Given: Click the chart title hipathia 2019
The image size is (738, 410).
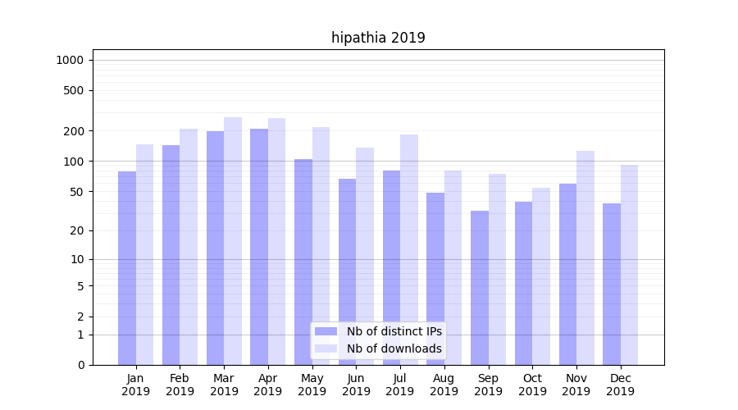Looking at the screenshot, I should pyautogui.click(x=378, y=38).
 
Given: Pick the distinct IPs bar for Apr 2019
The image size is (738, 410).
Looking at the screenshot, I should pyautogui.click(x=259, y=247).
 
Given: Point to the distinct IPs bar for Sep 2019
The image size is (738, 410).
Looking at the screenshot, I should pyautogui.click(x=480, y=288).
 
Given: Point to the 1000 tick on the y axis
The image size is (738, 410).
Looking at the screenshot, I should pyautogui.click(x=70, y=60).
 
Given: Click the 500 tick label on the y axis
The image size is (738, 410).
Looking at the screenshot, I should pyautogui.click(x=75, y=90).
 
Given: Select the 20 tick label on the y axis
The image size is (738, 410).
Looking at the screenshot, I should pyautogui.click(x=78, y=230).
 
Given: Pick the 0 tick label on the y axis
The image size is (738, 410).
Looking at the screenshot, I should pyautogui.click(x=80, y=365).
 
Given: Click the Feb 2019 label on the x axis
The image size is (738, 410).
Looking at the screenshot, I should pyautogui.click(x=180, y=385).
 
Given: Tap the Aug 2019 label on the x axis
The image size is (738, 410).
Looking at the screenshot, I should pyautogui.click(x=444, y=385).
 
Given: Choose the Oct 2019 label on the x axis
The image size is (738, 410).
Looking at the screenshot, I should pyautogui.click(x=532, y=385).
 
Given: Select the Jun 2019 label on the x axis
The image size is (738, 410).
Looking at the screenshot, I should pyautogui.click(x=356, y=385).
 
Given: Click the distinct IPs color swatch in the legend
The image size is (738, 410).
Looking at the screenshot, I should pyautogui.click(x=326, y=331).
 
